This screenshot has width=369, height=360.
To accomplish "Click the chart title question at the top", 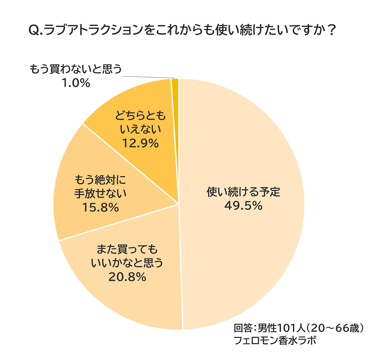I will (x=181, y=30).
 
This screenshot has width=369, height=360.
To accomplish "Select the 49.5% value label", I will (x=243, y=206).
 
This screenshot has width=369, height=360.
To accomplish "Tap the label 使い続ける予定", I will (x=243, y=192).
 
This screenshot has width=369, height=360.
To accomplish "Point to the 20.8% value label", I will (x=127, y=277).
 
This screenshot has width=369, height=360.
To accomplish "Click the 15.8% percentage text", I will (x=100, y=208).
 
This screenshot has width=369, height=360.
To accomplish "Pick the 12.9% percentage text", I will (x=140, y=143).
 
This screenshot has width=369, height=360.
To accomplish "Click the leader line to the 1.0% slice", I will (x=148, y=77).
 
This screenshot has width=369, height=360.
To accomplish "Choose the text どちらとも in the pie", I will (x=140, y=116).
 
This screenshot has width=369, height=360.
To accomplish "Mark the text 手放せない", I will (x=100, y=194).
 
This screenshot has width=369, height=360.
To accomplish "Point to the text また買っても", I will (x=127, y=249).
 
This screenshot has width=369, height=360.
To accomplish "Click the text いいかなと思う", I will (x=127, y=263).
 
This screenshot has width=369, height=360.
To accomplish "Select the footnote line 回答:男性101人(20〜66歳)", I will (x=299, y=328).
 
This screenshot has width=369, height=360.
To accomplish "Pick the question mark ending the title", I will (x=331, y=30).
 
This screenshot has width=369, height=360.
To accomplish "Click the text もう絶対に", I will (x=100, y=180).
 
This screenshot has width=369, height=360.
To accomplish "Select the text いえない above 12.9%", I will (x=140, y=130).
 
